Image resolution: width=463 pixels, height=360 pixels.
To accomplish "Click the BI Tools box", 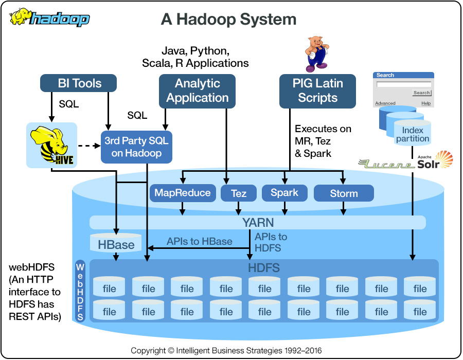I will [x=79, y=83].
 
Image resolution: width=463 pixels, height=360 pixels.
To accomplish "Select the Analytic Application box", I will [x=197, y=91].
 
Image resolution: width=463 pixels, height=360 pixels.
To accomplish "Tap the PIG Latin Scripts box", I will [x=317, y=91].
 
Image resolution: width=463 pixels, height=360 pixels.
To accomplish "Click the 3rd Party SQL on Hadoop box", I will [x=136, y=147].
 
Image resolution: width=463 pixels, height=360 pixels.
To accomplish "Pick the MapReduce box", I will [x=182, y=193].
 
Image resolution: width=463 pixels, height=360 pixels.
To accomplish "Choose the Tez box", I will [x=239, y=193].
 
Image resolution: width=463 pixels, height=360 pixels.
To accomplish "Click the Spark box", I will [x=284, y=193].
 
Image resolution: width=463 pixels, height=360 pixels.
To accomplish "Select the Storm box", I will [x=343, y=193].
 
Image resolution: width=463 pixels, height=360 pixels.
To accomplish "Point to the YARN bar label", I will [x=258, y=223].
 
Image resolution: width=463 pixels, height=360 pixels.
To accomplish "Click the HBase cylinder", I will [x=116, y=244].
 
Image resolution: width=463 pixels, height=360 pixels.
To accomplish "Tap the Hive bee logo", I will [x=51, y=145].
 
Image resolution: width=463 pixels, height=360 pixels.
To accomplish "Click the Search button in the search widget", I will [x=421, y=93].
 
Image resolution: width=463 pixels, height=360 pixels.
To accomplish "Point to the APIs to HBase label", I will [x=199, y=241].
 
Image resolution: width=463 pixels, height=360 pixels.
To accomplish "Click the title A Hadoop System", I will [x=228, y=20].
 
